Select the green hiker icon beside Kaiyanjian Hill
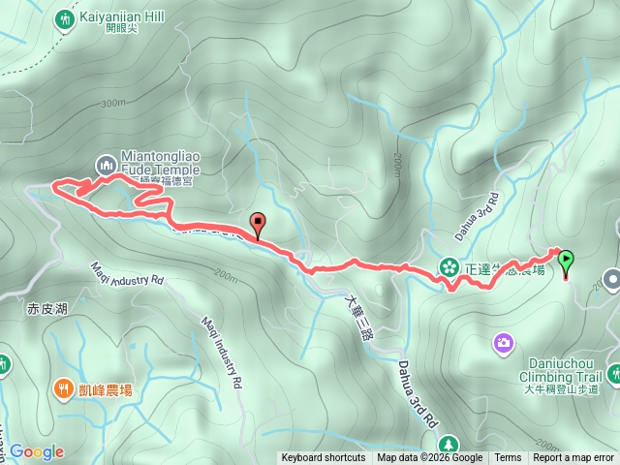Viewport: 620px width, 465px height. tap(66, 18)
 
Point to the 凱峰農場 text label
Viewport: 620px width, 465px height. tap(107, 390)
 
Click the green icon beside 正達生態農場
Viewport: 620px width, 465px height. tap(449, 265)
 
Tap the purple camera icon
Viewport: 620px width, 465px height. tap(504, 341)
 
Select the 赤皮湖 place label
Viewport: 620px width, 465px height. tap(47, 309)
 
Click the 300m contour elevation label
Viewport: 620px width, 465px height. tap(112, 103)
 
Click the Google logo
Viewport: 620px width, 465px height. tap(37, 451)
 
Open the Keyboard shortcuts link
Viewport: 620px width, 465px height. tap(324, 458)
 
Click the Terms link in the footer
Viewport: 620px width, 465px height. tap(508, 458)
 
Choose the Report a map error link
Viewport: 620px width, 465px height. tap(573, 458)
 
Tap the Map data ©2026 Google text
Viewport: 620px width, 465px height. tap(430, 458)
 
